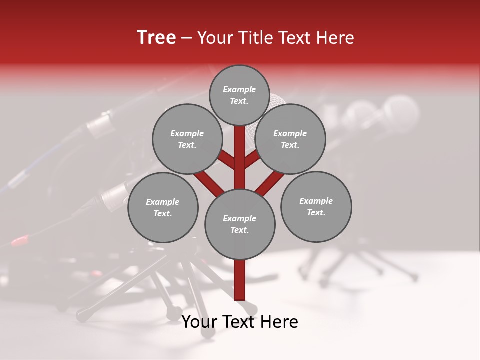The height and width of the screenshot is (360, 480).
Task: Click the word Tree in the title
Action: [x=156, y=38]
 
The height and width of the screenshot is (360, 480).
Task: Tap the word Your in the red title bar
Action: [x=213, y=38]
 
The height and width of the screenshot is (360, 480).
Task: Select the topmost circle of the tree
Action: [x=239, y=95]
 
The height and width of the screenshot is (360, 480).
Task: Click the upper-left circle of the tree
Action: [x=187, y=139]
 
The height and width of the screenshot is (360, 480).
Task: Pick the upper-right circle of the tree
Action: [x=290, y=139]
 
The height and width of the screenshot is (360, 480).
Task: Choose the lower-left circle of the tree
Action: [x=163, y=207]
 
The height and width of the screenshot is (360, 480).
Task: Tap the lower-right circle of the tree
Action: [x=316, y=206]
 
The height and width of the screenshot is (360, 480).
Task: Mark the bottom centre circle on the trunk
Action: [x=240, y=224]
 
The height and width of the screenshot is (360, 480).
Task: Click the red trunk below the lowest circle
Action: [x=240, y=280]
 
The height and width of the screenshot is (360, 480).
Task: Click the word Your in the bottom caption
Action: [x=198, y=322]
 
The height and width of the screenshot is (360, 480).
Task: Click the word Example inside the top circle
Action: [x=239, y=90]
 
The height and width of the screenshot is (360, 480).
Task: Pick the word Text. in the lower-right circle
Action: [x=316, y=212]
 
